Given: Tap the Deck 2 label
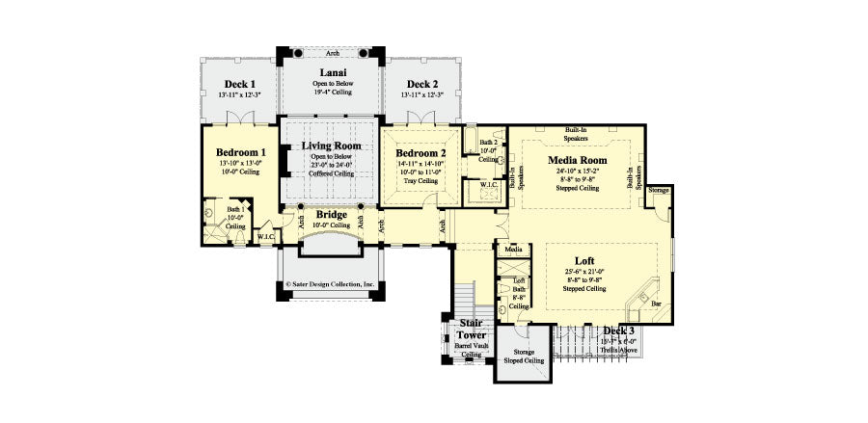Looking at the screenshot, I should tap(422, 84).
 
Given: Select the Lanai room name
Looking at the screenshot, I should tap(332, 72).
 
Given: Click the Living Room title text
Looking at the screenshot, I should tap(331, 145).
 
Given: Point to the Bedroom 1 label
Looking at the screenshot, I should tap(240, 152).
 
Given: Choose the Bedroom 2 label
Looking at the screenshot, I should tap(420, 153).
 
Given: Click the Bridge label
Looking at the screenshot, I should tap(331, 214).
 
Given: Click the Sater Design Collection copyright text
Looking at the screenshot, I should tap(331, 284).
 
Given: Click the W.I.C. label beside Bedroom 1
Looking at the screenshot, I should tap(266, 236).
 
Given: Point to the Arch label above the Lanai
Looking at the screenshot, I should tap(332, 53).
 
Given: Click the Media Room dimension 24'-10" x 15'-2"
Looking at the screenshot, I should tap(577, 173).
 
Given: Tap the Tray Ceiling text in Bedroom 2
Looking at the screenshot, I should tap(420, 180).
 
